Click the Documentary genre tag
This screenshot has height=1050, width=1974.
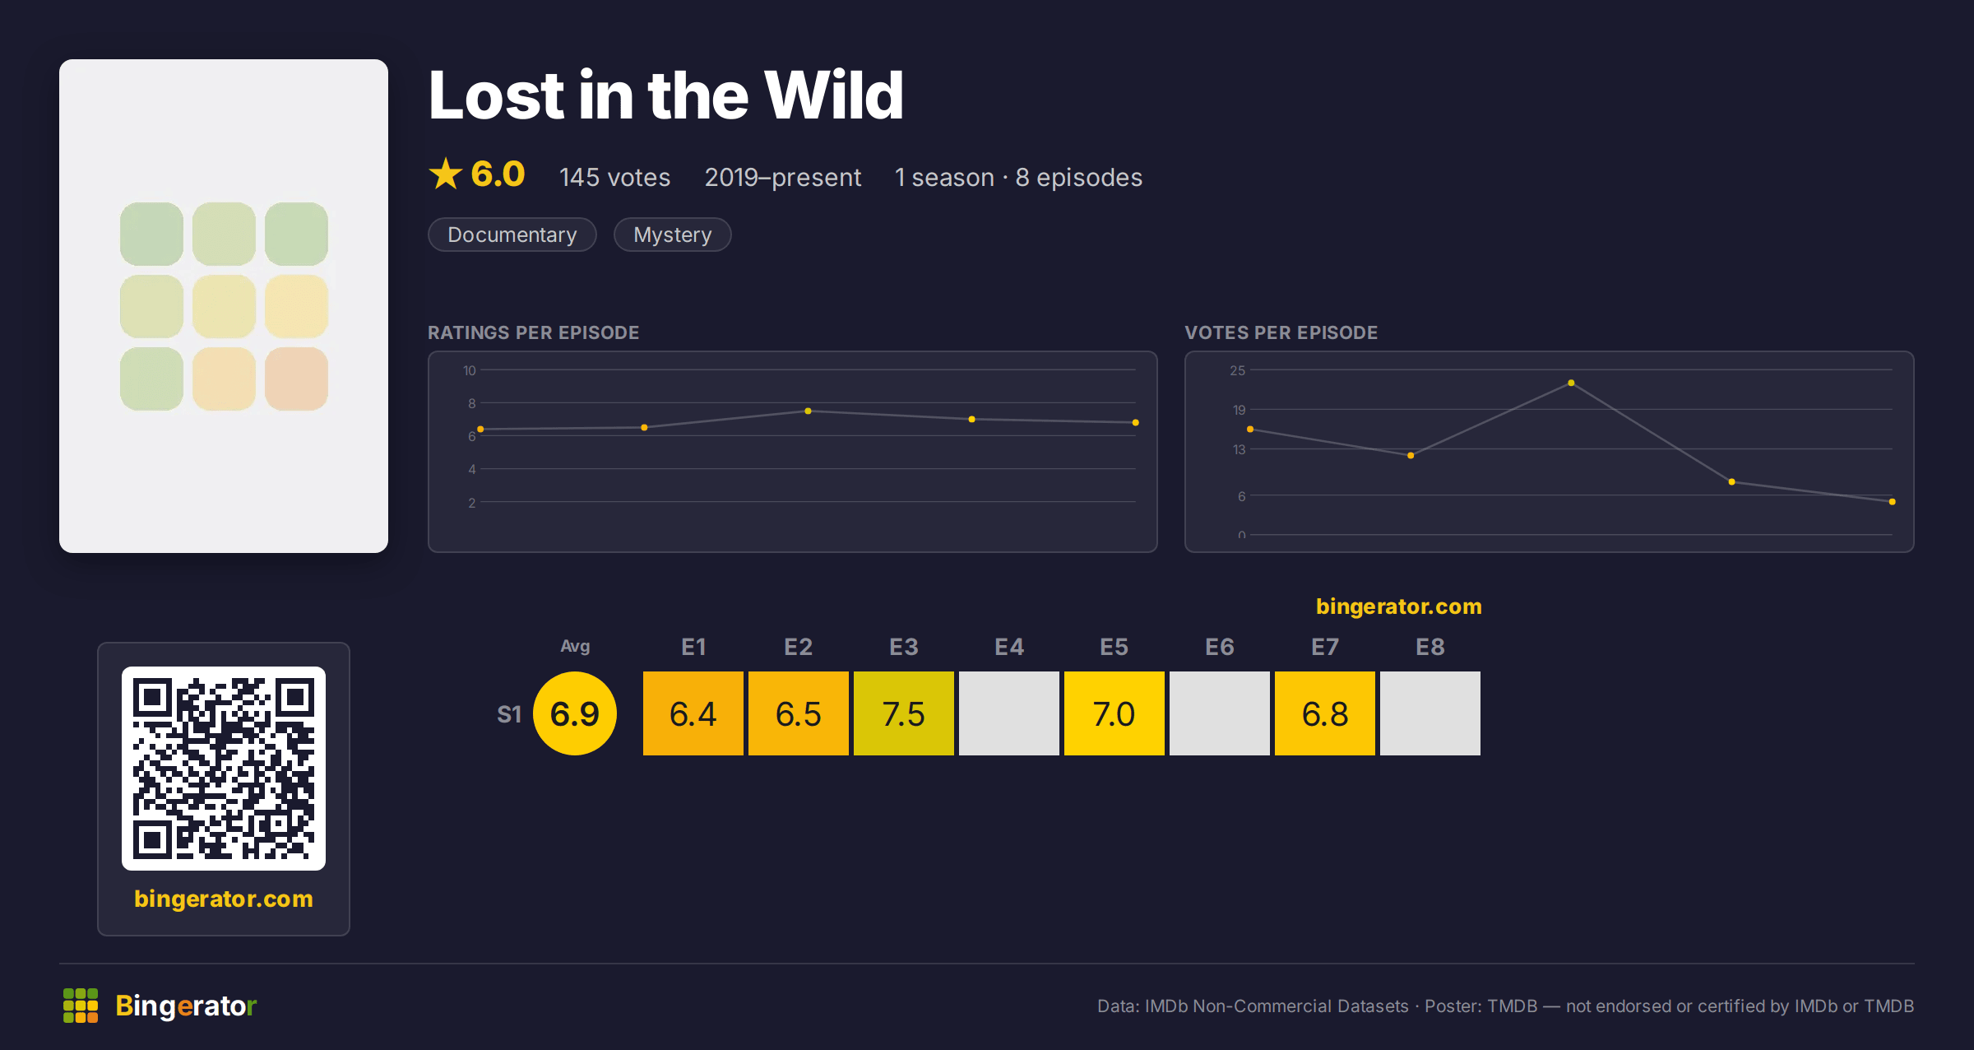pos(512,235)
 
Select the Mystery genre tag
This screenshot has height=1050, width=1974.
pos(672,235)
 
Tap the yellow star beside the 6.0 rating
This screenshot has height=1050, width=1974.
pos(446,174)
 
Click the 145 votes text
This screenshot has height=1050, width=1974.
pos(614,177)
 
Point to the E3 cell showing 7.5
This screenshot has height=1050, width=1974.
pos(903,713)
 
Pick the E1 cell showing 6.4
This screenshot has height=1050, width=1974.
pos(693,713)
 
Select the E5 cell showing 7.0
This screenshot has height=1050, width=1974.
pos(1114,713)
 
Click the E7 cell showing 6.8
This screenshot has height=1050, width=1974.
pos(1324,713)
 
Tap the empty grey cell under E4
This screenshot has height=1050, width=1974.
pos(1008,713)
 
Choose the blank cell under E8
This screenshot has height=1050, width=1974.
pos(1430,713)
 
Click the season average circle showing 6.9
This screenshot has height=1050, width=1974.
pos(575,713)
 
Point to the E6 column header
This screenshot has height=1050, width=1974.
pos(1219,647)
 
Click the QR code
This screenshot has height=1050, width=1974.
pos(224,768)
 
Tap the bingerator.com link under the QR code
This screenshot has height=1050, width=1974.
pos(224,899)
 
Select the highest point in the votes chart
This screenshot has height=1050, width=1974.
pos(1571,383)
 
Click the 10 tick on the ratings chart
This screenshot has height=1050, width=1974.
pos(469,370)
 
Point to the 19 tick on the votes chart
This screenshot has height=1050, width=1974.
pos(1239,410)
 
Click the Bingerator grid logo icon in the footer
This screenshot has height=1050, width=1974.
pos(81,1006)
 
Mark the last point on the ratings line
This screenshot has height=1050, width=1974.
pos(1135,422)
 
